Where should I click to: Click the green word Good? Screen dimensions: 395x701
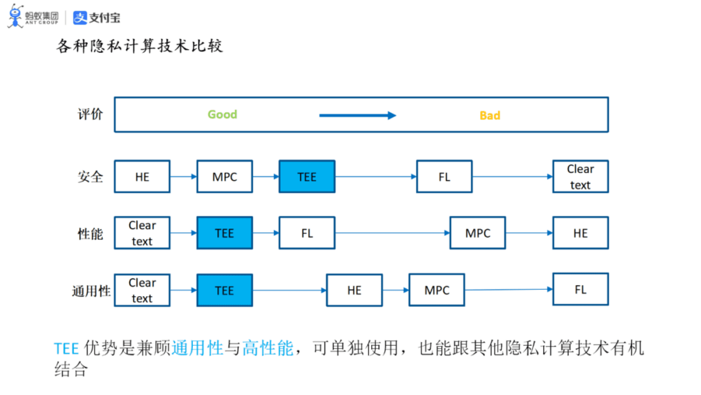pos(222,114)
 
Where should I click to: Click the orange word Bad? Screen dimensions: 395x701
pos(490,116)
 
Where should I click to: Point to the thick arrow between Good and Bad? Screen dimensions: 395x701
pos(357,116)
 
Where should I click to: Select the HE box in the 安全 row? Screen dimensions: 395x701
pos(142,177)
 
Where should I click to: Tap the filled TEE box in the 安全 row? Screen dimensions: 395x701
pos(307,177)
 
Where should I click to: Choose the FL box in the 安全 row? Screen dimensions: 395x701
pos(444,177)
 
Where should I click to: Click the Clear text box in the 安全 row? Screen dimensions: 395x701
pos(580,177)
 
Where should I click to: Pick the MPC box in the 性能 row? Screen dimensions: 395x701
pos(477,233)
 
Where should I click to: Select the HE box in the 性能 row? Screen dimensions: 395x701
pos(580,233)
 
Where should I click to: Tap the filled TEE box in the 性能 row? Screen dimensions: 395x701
pos(224,233)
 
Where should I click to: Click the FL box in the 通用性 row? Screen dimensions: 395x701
pos(580,289)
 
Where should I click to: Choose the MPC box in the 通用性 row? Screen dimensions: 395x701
pos(436,290)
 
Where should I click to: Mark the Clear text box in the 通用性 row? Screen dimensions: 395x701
pos(142,290)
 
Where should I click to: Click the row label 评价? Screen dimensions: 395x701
pos(90,114)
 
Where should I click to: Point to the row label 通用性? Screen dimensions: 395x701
pos(91,291)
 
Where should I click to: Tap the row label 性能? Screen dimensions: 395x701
pos(90,234)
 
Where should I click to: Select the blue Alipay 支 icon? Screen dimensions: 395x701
pos(80,18)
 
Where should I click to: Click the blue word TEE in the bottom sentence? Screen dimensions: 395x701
pos(66,349)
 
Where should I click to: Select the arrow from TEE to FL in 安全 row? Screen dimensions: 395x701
pos(375,177)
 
